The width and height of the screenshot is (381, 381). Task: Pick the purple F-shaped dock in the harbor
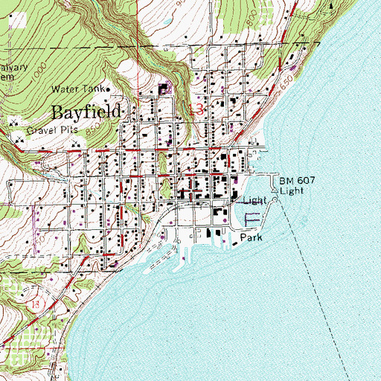tap(254, 220)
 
